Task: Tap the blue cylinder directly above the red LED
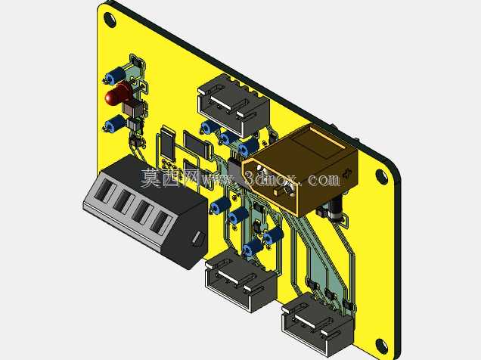[116, 75]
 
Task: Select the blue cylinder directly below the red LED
[114, 123]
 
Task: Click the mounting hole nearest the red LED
[110, 19]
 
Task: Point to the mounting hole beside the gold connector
[381, 176]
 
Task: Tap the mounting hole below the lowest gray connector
[381, 346]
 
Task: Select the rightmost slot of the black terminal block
[160, 223]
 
